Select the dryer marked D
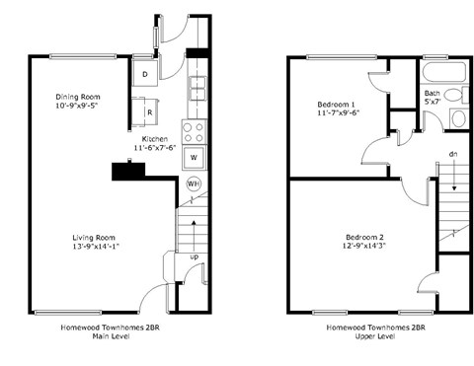tap(145, 75)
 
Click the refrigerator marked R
tap(148, 112)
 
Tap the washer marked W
tap(194, 157)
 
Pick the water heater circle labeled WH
tap(194, 184)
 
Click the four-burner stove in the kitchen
tap(194, 130)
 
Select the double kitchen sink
tap(196, 89)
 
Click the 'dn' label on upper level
tap(452, 154)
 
